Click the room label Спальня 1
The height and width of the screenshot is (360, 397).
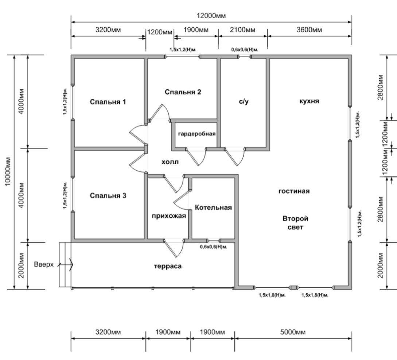tap(108, 102)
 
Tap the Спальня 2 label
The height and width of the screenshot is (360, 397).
tap(183, 92)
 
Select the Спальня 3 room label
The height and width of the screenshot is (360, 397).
tap(108, 196)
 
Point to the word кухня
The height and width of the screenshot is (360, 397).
tap(309, 101)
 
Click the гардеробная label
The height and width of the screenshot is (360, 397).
tap(197, 134)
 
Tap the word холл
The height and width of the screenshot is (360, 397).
tap(170, 162)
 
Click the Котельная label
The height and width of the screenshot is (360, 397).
tap(213, 208)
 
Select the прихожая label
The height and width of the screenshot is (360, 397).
tap(169, 216)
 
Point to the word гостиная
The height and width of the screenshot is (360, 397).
tap(294, 191)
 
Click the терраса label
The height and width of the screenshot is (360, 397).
tap(167, 266)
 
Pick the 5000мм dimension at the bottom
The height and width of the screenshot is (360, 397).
tap(293, 332)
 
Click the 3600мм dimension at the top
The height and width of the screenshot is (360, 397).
tap(310, 30)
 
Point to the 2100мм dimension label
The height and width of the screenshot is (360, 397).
tap(243, 30)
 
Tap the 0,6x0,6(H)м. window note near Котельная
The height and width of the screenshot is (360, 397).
tap(214, 247)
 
